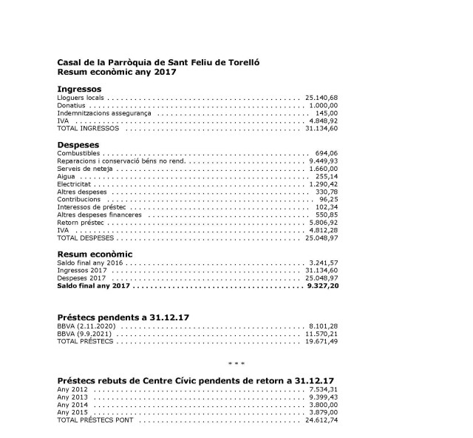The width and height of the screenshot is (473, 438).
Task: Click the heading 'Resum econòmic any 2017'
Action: tap(116, 73)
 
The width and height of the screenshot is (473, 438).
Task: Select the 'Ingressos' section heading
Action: tap(79, 89)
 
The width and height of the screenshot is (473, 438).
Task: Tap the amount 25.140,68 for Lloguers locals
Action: tap(321, 97)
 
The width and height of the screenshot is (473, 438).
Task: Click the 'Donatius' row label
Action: tap(70, 105)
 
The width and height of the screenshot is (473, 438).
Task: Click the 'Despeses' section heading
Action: tap(78, 144)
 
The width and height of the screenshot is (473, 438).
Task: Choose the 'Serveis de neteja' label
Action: tap(84, 169)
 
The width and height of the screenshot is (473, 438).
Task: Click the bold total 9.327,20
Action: tap(322, 286)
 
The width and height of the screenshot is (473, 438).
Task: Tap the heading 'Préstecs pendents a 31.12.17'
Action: tap(123, 317)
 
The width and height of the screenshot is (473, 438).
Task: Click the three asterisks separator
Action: tap(236, 364)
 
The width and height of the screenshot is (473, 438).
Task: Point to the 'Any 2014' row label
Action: tap(72, 404)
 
